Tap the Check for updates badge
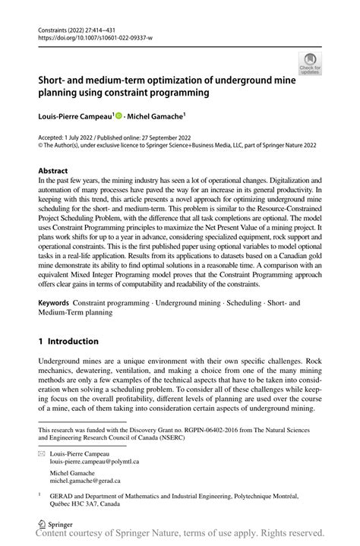[310, 64]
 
